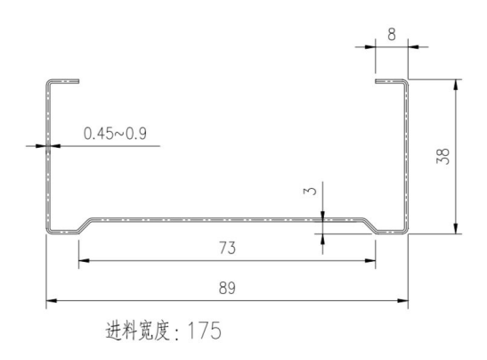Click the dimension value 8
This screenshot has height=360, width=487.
392,34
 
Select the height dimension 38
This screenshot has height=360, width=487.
443,156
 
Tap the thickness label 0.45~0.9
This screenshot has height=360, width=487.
115,134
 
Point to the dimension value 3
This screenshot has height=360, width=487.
311,191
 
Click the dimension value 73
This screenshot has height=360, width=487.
227,248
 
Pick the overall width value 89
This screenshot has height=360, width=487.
227,288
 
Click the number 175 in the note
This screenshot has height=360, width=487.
205,331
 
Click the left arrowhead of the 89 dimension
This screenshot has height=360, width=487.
52,300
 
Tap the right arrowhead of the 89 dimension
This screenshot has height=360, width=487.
402,300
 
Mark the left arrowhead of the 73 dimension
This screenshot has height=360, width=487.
84,260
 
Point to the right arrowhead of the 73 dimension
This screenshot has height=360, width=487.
370,260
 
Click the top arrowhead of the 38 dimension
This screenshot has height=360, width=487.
456,85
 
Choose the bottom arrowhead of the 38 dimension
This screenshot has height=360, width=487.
456,228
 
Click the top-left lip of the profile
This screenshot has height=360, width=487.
63,81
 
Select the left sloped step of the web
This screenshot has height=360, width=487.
85,225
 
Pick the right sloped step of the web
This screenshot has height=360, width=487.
369,225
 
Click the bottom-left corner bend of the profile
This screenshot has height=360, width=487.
49,230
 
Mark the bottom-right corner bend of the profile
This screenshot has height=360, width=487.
405,230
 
